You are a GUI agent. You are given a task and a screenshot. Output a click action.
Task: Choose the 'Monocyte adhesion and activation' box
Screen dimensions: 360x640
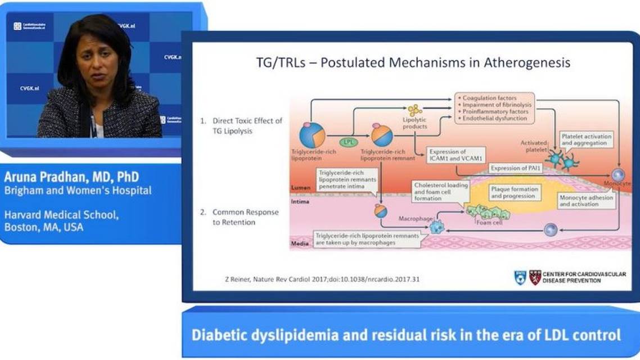pyautogui.click(x=585, y=201)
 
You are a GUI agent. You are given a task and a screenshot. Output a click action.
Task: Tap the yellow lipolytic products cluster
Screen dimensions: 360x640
pyautogui.click(x=415, y=110)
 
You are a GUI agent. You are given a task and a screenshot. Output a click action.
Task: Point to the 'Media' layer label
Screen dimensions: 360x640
pyautogui.click(x=300, y=244)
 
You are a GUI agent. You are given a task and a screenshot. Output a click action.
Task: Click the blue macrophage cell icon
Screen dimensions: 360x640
pyautogui.click(x=436, y=227)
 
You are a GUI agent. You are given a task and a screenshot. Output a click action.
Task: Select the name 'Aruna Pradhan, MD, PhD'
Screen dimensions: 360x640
pyautogui.click(x=71, y=177)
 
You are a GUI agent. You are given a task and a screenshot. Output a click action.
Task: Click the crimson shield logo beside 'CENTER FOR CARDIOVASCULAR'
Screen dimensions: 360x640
pyautogui.click(x=535, y=277)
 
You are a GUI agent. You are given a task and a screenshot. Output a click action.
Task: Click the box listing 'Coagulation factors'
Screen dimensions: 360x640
pyautogui.click(x=493, y=109)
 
